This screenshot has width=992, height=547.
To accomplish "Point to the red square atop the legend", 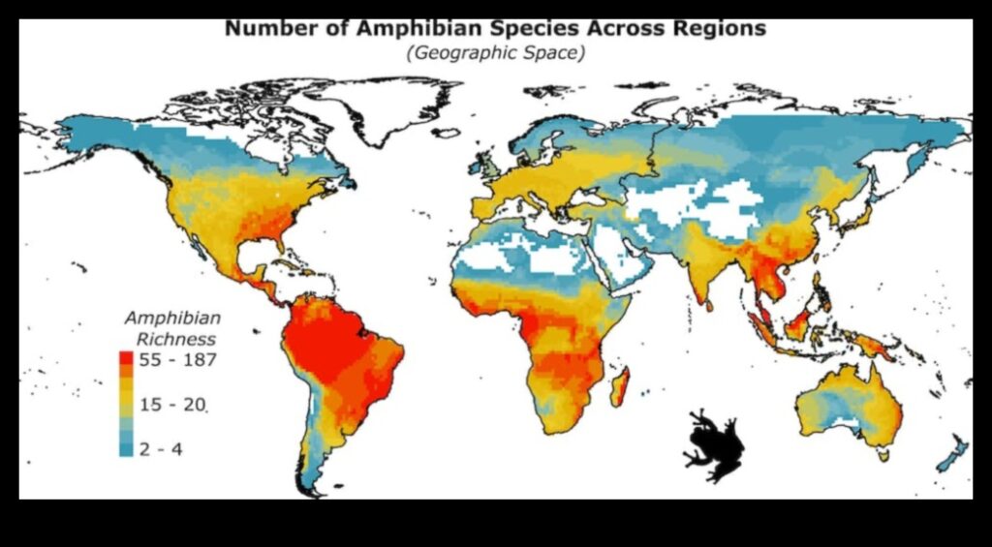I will (x=126, y=359).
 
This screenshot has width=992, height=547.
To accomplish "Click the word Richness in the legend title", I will (x=175, y=339).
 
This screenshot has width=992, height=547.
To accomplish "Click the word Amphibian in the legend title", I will (x=173, y=318).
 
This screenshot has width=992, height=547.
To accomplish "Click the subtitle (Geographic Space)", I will (x=496, y=52).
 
